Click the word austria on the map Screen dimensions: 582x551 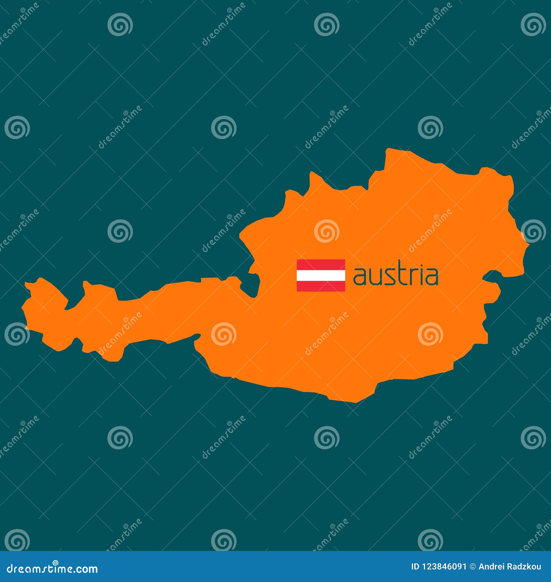396,276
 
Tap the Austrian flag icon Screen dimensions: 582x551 321,276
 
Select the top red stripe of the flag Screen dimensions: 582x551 321,264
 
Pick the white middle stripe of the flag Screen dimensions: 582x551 321,276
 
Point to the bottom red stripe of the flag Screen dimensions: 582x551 321,286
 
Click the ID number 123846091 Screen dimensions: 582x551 444,567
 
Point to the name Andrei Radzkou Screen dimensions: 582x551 510,567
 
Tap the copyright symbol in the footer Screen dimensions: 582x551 473,567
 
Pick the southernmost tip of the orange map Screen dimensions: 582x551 355,402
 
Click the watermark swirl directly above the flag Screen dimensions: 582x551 326,231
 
